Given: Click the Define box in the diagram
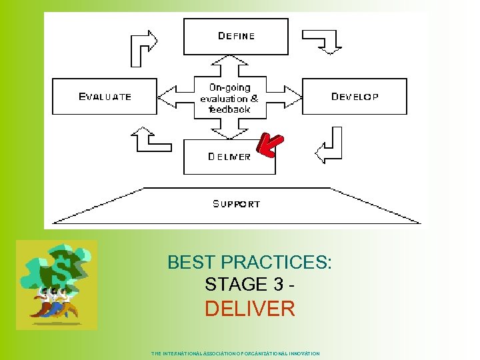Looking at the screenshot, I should (x=236, y=37).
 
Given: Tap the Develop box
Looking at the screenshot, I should (x=355, y=97).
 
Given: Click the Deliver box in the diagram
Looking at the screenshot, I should (x=229, y=157).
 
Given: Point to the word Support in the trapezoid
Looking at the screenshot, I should (x=236, y=203).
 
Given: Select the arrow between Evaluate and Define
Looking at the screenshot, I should (x=143, y=47).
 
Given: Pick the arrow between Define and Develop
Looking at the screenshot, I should (x=324, y=41).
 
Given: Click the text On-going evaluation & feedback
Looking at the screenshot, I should (x=229, y=98).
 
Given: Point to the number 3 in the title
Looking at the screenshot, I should (x=279, y=285).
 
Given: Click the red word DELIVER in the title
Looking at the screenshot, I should (x=249, y=309).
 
